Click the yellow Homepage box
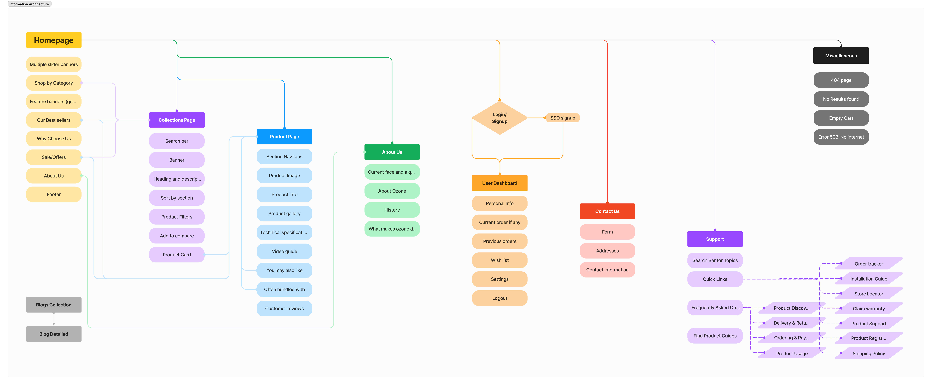click(x=54, y=40)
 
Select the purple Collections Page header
click(x=177, y=120)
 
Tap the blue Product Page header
click(x=284, y=137)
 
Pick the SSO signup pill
click(x=563, y=118)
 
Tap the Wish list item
click(x=500, y=260)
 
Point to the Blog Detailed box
click(x=54, y=334)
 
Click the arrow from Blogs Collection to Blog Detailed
click(x=54, y=319)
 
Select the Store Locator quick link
click(x=869, y=294)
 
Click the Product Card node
click(x=177, y=255)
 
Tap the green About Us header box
click(x=392, y=152)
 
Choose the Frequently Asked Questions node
click(x=715, y=308)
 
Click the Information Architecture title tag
click(x=29, y=4)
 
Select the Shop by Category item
click(x=54, y=83)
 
